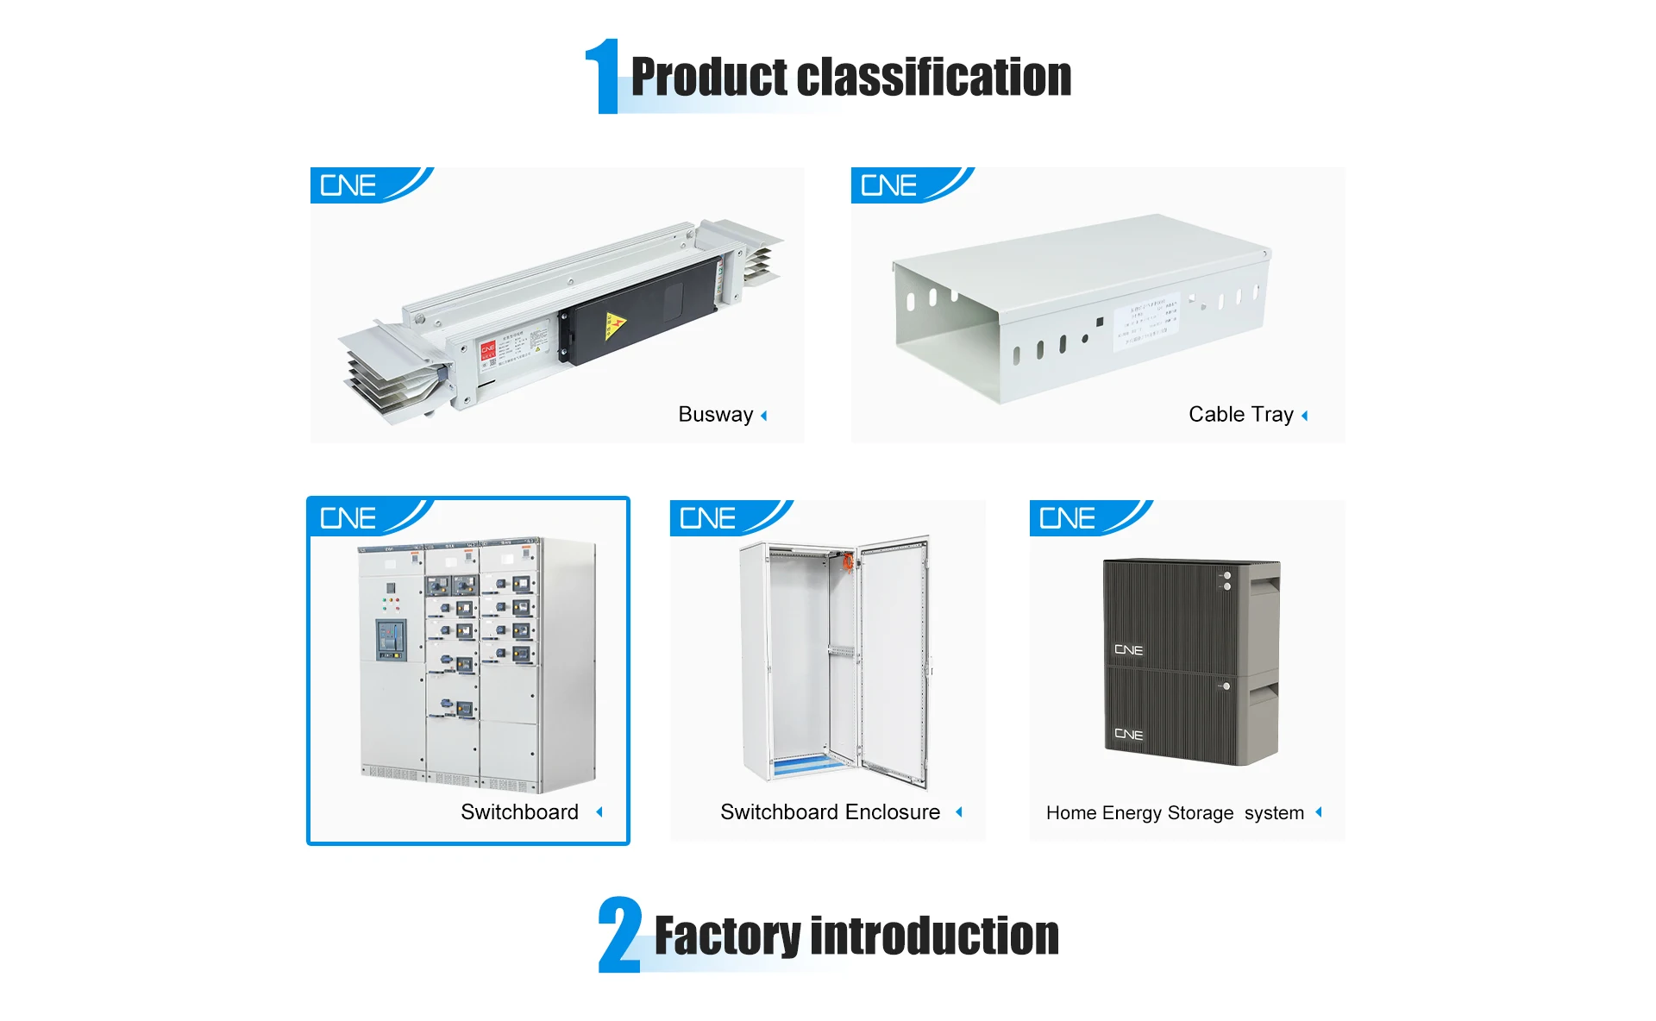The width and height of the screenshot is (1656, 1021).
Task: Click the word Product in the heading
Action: point(708,78)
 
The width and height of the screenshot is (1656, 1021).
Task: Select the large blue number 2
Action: point(620,935)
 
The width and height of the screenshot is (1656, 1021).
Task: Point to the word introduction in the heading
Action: point(935,936)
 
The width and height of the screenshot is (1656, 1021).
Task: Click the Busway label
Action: point(715,415)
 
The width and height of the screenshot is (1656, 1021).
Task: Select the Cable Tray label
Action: point(1240,415)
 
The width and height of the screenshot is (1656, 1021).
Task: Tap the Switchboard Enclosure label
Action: point(830,812)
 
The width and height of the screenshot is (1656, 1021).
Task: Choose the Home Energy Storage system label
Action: point(1175,813)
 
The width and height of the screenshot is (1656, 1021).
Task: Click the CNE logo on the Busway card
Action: point(348,185)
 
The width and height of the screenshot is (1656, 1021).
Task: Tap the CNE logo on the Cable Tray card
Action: point(889,185)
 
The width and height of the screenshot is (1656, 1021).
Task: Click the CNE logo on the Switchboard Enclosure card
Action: point(708,518)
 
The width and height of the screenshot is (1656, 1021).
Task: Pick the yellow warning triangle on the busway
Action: point(614,325)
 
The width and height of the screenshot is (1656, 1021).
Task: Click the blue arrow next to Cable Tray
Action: point(1305,416)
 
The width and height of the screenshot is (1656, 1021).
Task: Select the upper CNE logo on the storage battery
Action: point(1128,650)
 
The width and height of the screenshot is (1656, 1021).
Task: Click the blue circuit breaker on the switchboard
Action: point(390,639)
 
